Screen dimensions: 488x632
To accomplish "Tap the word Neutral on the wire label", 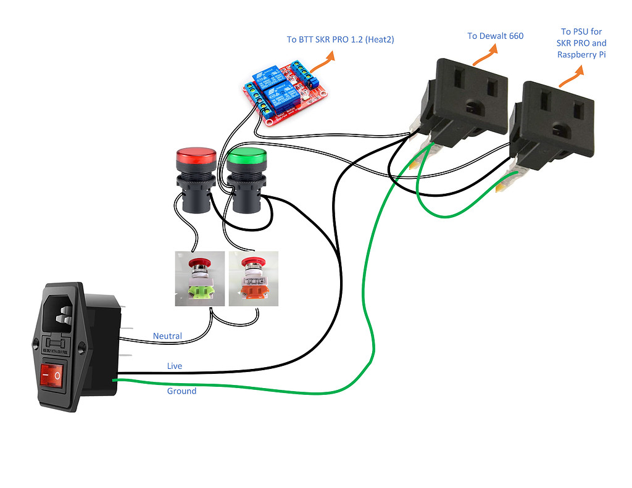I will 167,336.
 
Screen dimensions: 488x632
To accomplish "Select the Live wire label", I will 175,366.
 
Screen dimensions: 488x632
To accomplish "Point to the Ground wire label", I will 181,391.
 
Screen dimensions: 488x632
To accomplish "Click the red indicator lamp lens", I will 196,155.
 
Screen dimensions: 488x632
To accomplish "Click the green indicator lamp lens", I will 246,157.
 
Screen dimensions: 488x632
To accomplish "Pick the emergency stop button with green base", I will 199,278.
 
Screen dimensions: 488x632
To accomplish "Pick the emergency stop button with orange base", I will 252,278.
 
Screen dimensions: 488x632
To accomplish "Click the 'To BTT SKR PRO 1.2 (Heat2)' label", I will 340,39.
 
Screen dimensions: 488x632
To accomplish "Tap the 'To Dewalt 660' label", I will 495,36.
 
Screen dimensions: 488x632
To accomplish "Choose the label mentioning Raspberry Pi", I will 581,43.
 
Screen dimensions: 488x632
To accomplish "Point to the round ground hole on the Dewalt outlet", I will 475,109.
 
